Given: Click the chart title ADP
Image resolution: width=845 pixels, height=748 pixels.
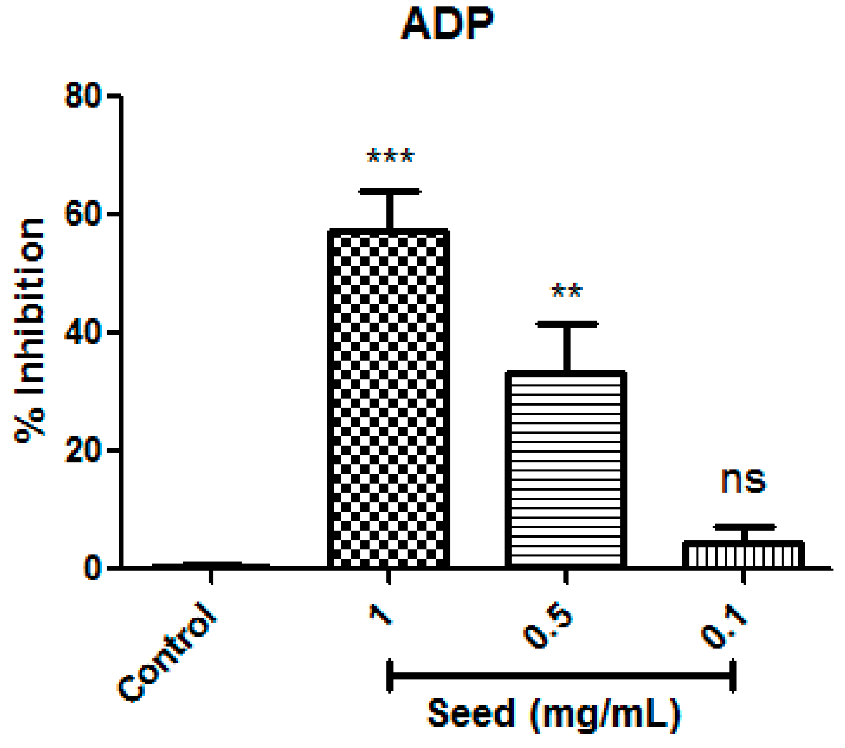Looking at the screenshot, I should pyautogui.click(x=447, y=23).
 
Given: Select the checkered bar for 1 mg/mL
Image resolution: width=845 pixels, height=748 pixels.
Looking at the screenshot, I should pyautogui.click(x=388, y=399).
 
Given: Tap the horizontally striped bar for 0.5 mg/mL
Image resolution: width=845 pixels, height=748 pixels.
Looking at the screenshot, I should pyautogui.click(x=566, y=470).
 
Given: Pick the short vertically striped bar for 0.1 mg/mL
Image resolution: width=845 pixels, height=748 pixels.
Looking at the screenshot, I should pyautogui.click(x=743, y=555).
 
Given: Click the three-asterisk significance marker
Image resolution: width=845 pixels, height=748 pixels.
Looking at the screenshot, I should pyautogui.click(x=390, y=156).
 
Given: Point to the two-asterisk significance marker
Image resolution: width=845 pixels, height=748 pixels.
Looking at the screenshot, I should pyautogui.click(x=567, y=292).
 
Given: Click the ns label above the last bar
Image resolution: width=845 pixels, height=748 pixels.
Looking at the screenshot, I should pyautogui.click(x=743, y=480).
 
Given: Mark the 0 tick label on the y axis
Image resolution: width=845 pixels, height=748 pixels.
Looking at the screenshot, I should pyautogui.click(x=92, y=569).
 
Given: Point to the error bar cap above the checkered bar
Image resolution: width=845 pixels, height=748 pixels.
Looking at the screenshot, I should pyautogui.click(x=389, y=192).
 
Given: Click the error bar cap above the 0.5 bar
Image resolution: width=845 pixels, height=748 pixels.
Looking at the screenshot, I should pyautogui.click(x=567, y=324).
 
